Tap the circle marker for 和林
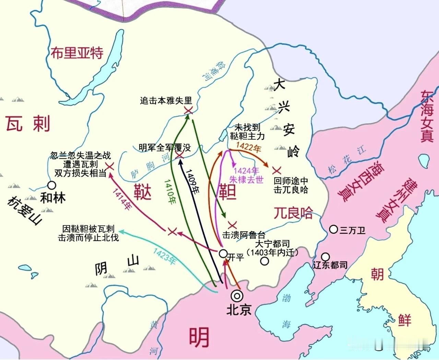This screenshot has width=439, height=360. pyautogui.click(x=52, y=185)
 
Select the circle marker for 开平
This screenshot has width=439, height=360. pyautogui.click(x=223, y=254)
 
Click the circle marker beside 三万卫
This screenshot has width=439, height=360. pyautogui.click(x=333, y=229)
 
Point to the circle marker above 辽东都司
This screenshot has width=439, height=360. pyautogui.click(x=325, y=256)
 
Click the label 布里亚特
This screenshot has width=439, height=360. pyautogui.click(x=77, y=53)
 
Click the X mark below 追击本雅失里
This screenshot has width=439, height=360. pyautogui.click(x=188, y=110)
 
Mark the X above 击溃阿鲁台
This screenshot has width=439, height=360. pyautogui.click(x=233, y=225)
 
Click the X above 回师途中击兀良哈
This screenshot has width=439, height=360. pyautogui.click(x=276, y=170)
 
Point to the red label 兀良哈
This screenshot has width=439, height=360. pyautogui.click(x=293, y=213)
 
